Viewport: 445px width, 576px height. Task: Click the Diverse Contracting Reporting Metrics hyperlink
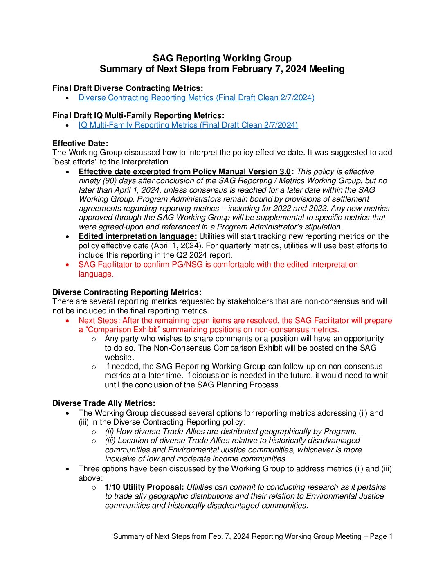click(x=196, y=98)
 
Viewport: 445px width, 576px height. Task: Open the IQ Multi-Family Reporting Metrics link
click(x=188, y=125)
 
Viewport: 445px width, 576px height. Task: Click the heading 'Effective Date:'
click(x=80, y=144)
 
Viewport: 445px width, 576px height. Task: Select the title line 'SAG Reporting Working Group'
click(x=222, y=59)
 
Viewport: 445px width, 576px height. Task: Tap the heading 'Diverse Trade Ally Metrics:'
click(x=104, y=403)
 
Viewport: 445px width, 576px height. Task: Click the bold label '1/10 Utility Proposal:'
click(x=144, y=487)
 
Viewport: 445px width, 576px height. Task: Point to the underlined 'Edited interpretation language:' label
click(x=137, y=236)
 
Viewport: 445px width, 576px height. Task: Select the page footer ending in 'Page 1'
click(x=253, y=536)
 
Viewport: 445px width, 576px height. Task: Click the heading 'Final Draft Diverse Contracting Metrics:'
click(x=128, y=88)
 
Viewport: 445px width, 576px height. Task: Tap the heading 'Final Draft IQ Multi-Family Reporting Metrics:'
click(x=138, y=116)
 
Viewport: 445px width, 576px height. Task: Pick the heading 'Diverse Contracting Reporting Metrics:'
click(x=127, y=292)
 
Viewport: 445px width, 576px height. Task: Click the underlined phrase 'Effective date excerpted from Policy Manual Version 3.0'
click(x=184, y=172)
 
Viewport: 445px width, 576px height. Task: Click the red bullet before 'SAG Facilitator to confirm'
click(x=67, y=265)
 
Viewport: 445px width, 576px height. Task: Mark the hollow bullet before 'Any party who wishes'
click(x=94, y=339)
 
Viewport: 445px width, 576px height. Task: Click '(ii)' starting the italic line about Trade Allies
click(x=109, y=432)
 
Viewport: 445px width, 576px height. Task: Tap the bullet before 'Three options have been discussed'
click(x=67, y=469)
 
